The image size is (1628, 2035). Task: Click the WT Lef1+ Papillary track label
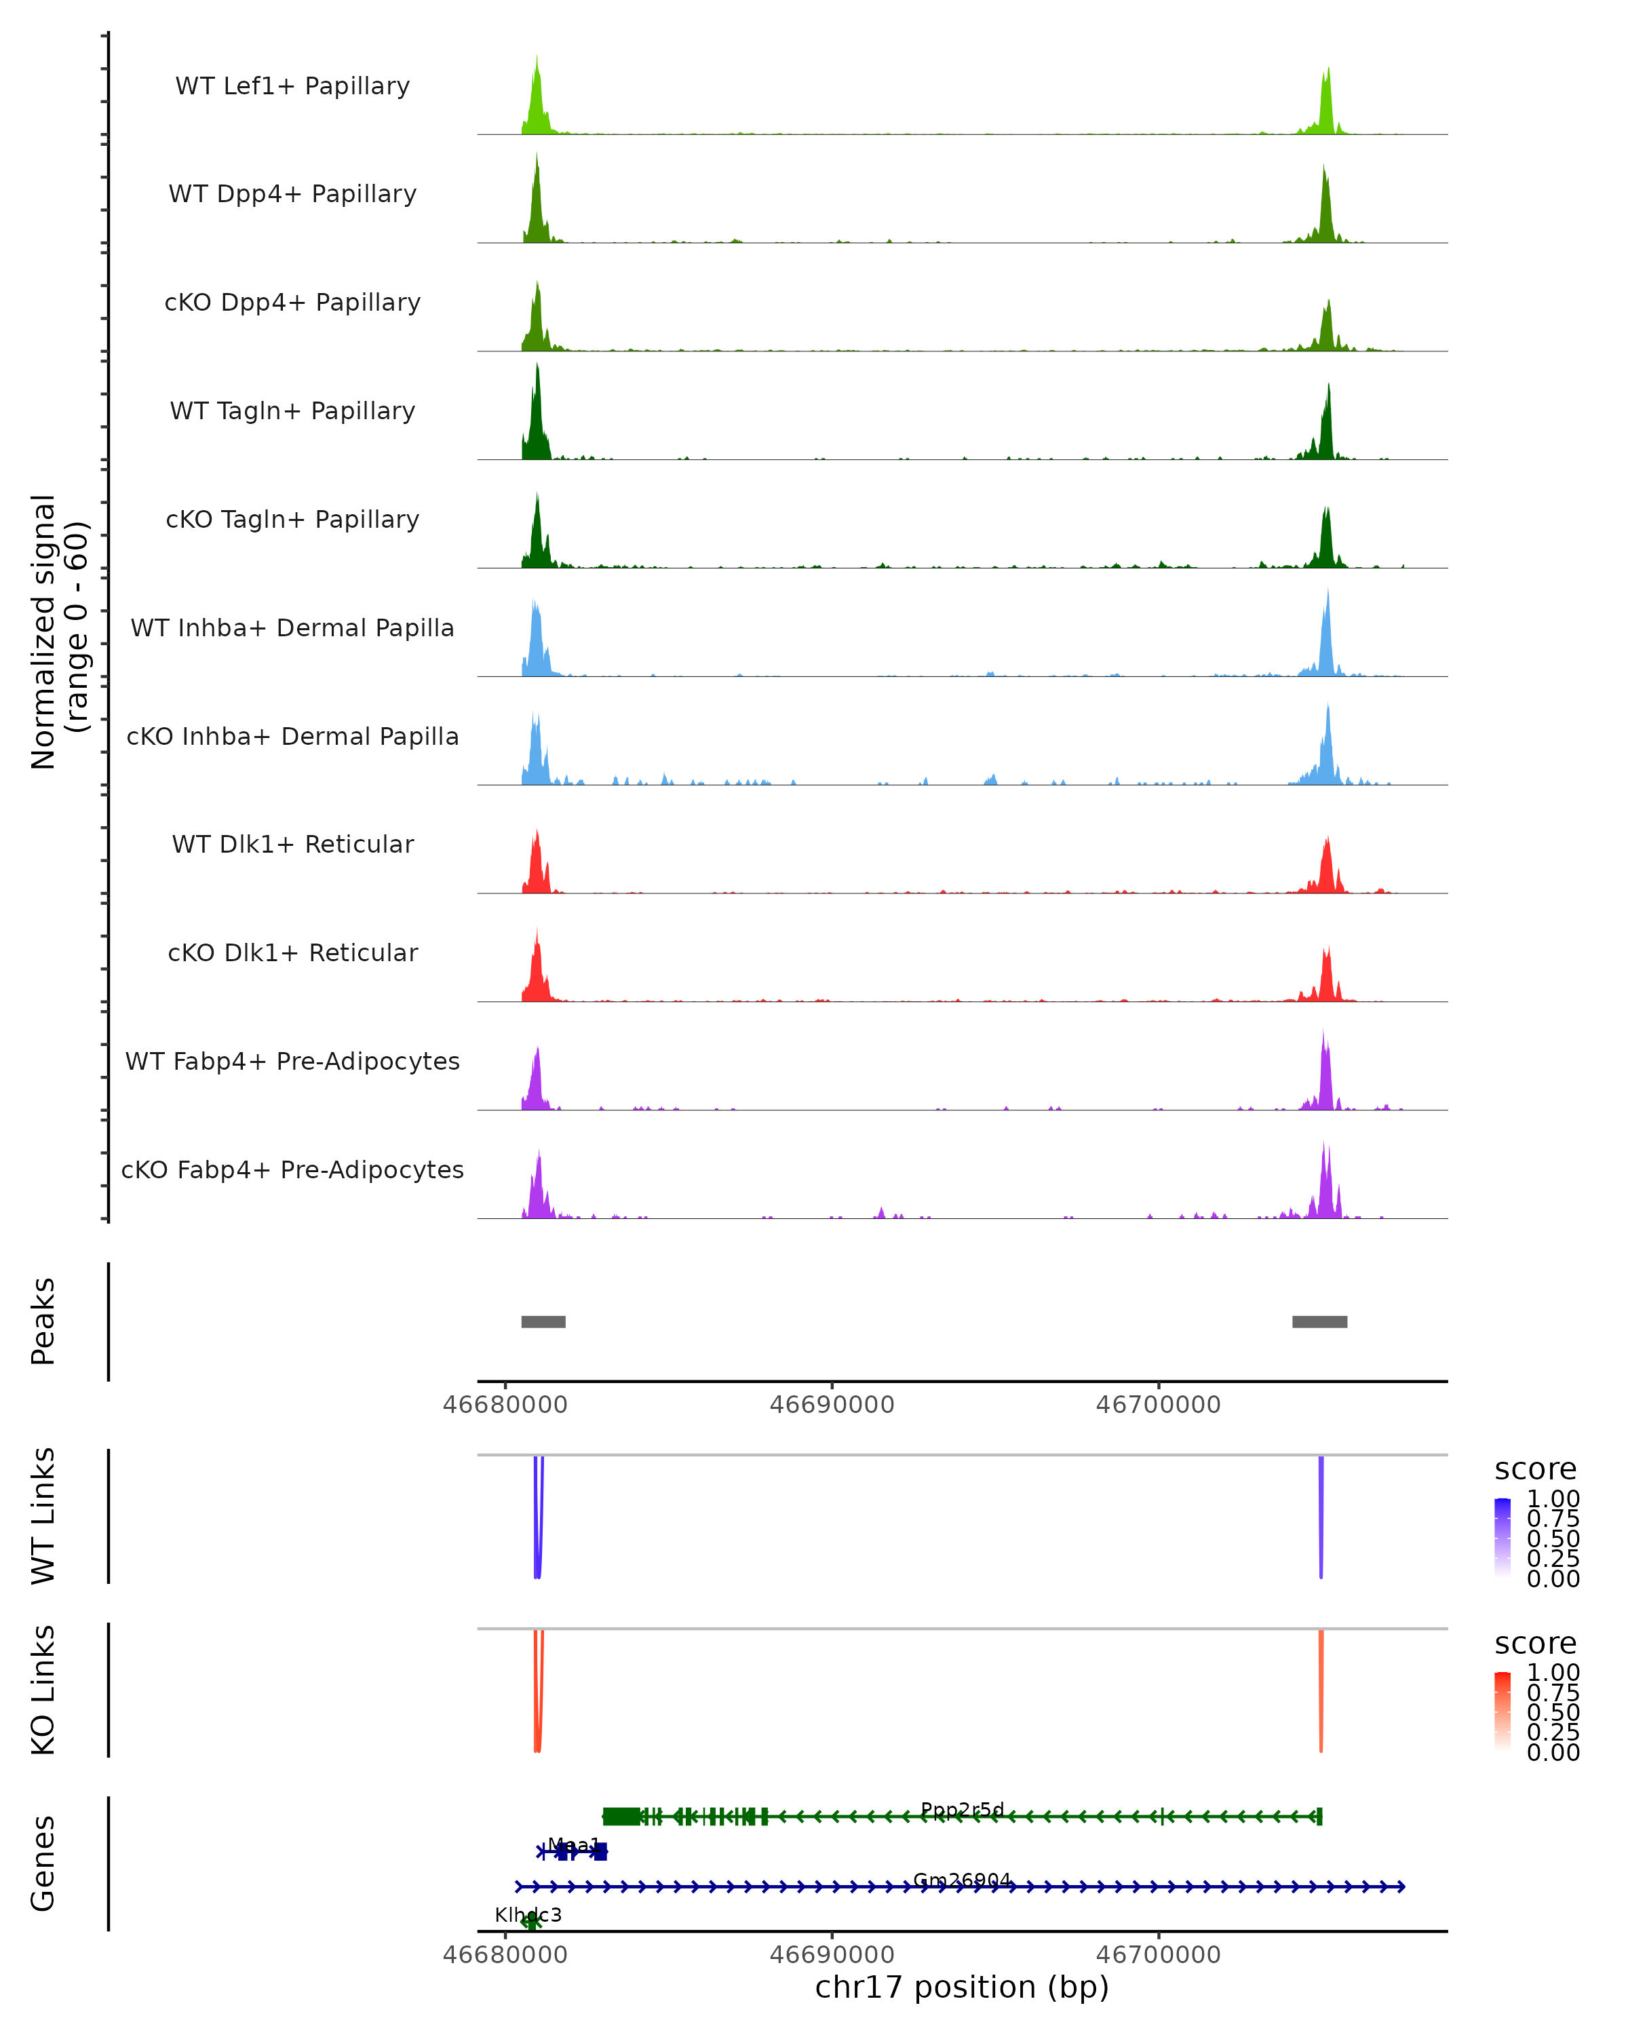(x=292, y=87)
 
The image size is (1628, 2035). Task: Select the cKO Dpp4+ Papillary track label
(x=292, y=303)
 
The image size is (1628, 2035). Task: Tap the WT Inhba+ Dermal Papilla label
(x=292, y=629)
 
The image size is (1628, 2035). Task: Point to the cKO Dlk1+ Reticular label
(x=292, y=953)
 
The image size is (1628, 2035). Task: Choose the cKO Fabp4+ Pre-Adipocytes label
(x=292, y=1170)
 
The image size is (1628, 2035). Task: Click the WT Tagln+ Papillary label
(x=292, y=412)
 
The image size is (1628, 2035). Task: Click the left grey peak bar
(x=543, y=1321)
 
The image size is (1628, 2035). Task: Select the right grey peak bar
(x=1319, y=1321)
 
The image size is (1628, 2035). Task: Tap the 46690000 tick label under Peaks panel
(x=832, y=1405)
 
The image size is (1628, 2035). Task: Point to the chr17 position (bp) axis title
(x=962, y=1988)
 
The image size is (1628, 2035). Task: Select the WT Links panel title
(x=43, y=1516)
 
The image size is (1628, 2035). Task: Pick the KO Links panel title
(x=43, y=1690)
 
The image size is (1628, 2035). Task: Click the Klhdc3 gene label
(x=528, y=1915)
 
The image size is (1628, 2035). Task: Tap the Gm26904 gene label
(x=962, y=1880)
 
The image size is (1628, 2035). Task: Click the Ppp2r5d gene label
(x=962, y=1809)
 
